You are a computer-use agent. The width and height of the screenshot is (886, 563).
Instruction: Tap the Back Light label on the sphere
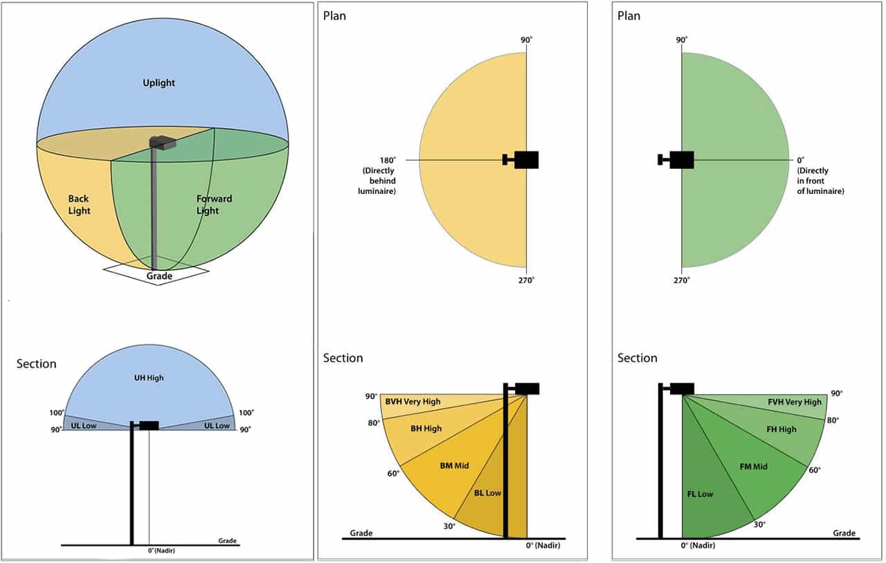[79, 205]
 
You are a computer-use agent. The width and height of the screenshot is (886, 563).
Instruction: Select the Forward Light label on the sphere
[214, 205]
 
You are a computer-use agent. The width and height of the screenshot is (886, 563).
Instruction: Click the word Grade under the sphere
[159, 276]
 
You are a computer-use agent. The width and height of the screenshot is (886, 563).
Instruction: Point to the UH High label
[149, 378]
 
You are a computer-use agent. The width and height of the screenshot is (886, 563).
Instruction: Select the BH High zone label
[426, 429]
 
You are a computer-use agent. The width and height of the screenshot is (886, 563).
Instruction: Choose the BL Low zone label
[487, 493]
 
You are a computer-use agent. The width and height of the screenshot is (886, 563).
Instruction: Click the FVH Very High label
[795, 402]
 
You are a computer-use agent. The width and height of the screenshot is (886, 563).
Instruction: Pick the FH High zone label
[781, 429]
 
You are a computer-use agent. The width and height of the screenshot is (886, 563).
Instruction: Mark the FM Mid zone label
[753, 467]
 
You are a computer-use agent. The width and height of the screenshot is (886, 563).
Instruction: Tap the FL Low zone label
[700, 494]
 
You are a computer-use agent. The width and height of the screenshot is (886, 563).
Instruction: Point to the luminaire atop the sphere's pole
[163, 142]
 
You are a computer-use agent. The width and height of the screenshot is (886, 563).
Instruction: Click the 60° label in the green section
[815, 470]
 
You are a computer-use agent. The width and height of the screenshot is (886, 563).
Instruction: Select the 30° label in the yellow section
[449, 526]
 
